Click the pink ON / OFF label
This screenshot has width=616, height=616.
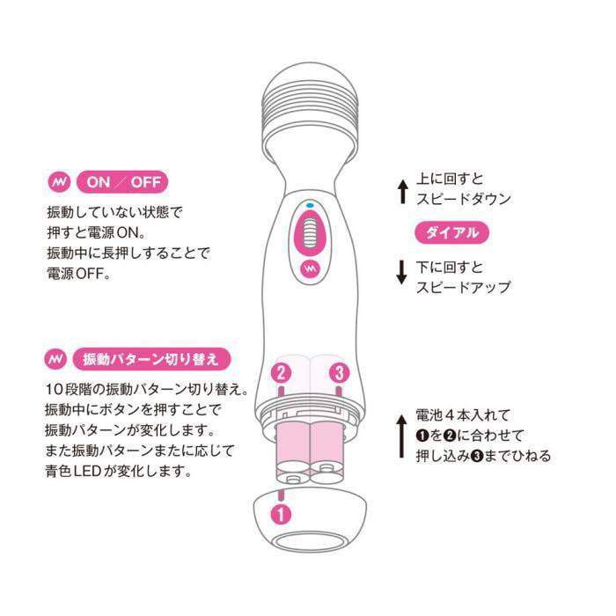(x=122, y=183)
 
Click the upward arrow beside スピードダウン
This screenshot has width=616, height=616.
(x=401, y=190)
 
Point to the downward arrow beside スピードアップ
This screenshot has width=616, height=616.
(x=401, y=273)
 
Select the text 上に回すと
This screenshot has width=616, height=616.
(x=449, y=178)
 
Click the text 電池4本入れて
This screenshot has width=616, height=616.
(x=463, y=414)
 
